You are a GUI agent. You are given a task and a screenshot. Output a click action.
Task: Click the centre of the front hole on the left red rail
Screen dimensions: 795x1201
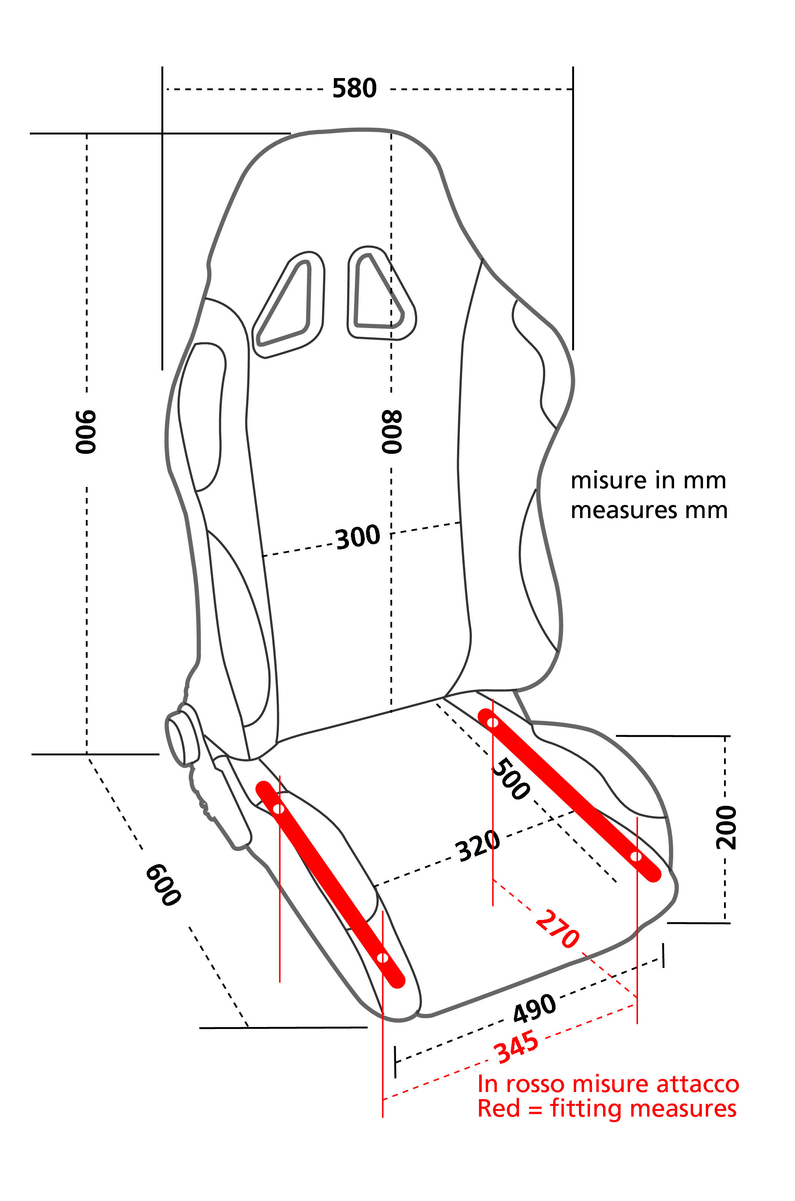coord(383,958)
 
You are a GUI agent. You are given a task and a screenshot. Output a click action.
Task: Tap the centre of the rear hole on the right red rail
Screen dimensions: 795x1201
coord(492,722)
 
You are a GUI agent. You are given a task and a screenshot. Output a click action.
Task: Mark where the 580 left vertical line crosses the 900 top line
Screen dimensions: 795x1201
coord(162,133)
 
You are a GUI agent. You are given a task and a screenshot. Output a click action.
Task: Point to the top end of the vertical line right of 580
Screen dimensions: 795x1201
coord(573,66)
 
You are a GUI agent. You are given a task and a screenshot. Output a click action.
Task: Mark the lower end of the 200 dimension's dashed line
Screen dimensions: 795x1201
coord(725,922)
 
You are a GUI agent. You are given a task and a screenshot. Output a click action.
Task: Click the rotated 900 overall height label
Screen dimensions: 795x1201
coord(86,432)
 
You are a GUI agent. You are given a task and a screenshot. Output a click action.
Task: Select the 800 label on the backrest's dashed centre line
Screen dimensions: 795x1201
coord(392,431)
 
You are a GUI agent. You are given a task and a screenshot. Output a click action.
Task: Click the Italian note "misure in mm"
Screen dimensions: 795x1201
coord(648,480)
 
